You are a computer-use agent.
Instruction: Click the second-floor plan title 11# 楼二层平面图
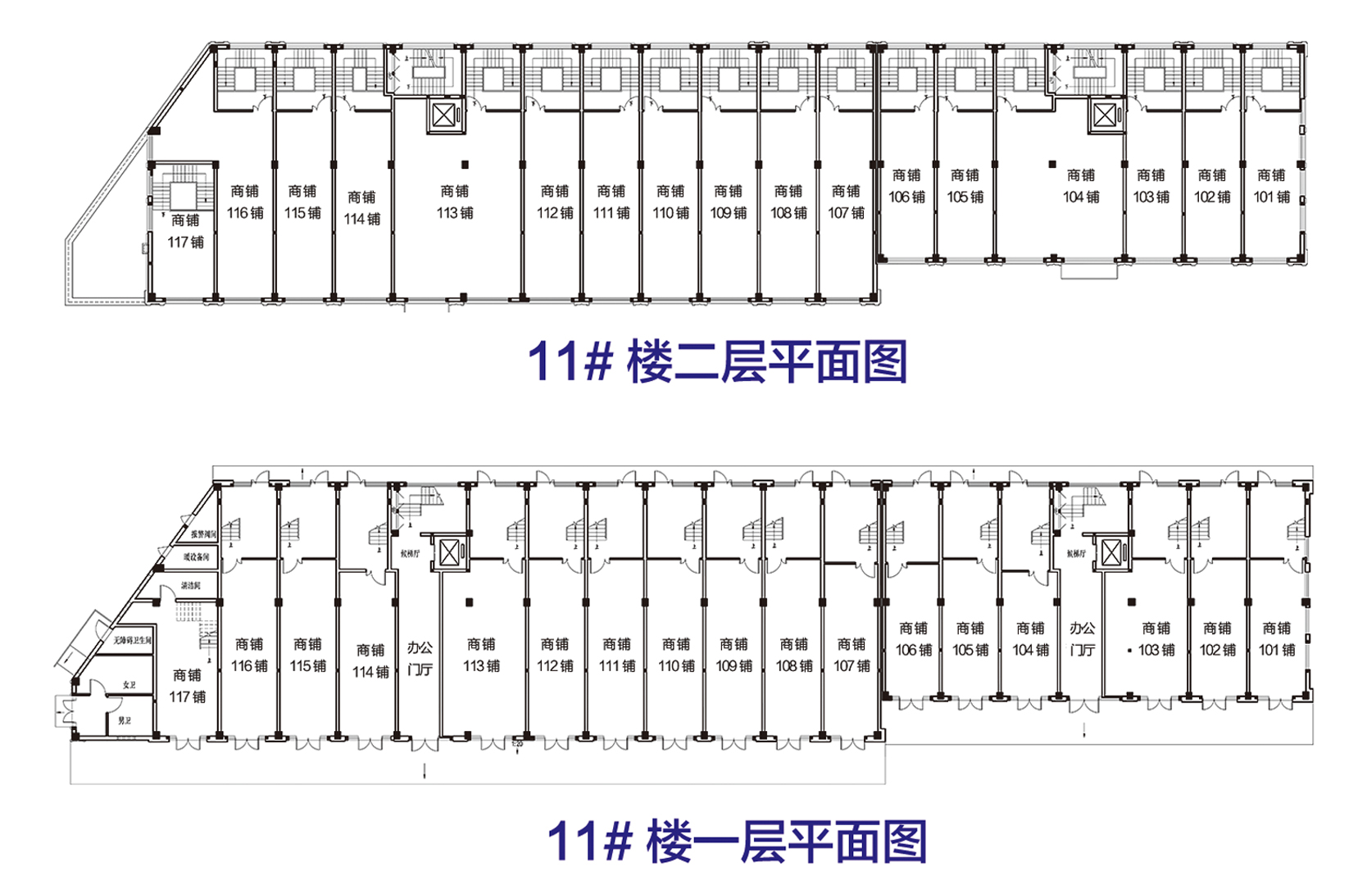[x=717, y=361]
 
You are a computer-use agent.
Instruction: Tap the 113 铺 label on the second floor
[x=455, y=202]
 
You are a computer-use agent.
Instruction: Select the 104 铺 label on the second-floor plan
[x=1081, y=186]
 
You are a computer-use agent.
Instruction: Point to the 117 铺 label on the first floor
[x=187, y=686]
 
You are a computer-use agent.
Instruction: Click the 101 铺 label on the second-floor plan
[x=1271, y=186]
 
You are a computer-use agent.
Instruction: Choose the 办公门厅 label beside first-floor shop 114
[x=420, y=658]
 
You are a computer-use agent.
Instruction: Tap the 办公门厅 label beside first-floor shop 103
[x=1082, y=638]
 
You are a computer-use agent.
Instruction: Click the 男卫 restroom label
[x=125, y=720]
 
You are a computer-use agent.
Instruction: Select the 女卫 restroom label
[x=129, y=684]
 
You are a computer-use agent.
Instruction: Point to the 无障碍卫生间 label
[x=132, y=640]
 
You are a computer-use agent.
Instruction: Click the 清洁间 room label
[x=190, y=586]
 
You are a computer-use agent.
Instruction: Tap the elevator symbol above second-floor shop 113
[x=443, y=116]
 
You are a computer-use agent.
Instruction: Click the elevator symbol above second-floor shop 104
[x=1105, y=116]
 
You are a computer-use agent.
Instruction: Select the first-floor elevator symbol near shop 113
[x=450, y=553]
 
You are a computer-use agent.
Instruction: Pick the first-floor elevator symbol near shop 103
[x=1111, y=553]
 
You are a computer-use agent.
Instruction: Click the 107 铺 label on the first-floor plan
[x=852, y=655]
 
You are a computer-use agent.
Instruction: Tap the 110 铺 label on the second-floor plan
[x=670, y=202]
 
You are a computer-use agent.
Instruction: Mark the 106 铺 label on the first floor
[x=913, y=639]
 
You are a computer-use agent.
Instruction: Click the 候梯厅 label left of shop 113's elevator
[x=410, y=554]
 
